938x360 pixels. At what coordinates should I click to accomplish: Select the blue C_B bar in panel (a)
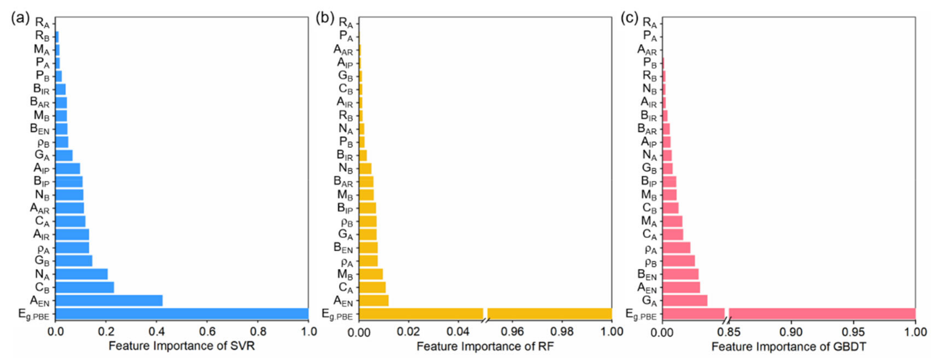coord(84,287)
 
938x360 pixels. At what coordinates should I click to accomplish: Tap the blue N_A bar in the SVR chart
coord(82,274)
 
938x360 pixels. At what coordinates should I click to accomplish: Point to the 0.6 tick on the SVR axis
coord(207,332)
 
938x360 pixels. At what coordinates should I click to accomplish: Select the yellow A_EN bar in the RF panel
coord(374,301)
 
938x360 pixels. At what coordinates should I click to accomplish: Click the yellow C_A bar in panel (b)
coord(372,287)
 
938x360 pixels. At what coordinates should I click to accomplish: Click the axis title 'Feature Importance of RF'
coord(485,346)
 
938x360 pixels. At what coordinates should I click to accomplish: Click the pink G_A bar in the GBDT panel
coord(684,301)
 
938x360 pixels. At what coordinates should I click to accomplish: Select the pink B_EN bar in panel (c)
coord(680,274)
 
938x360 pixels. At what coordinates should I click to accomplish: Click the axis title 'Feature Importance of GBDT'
coord(789,346)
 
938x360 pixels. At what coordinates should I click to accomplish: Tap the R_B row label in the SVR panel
coord(42,36)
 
